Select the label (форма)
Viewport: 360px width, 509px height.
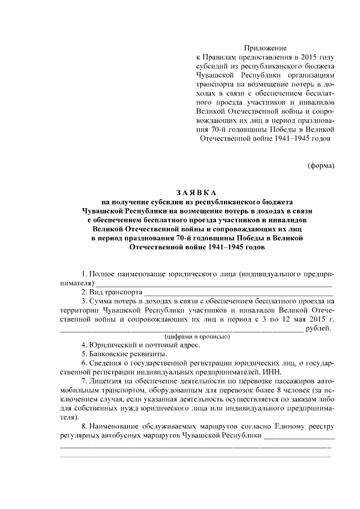click(321, 165)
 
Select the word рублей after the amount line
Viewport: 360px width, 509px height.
click(319, 328)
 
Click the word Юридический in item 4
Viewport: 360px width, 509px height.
click(112, 345)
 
